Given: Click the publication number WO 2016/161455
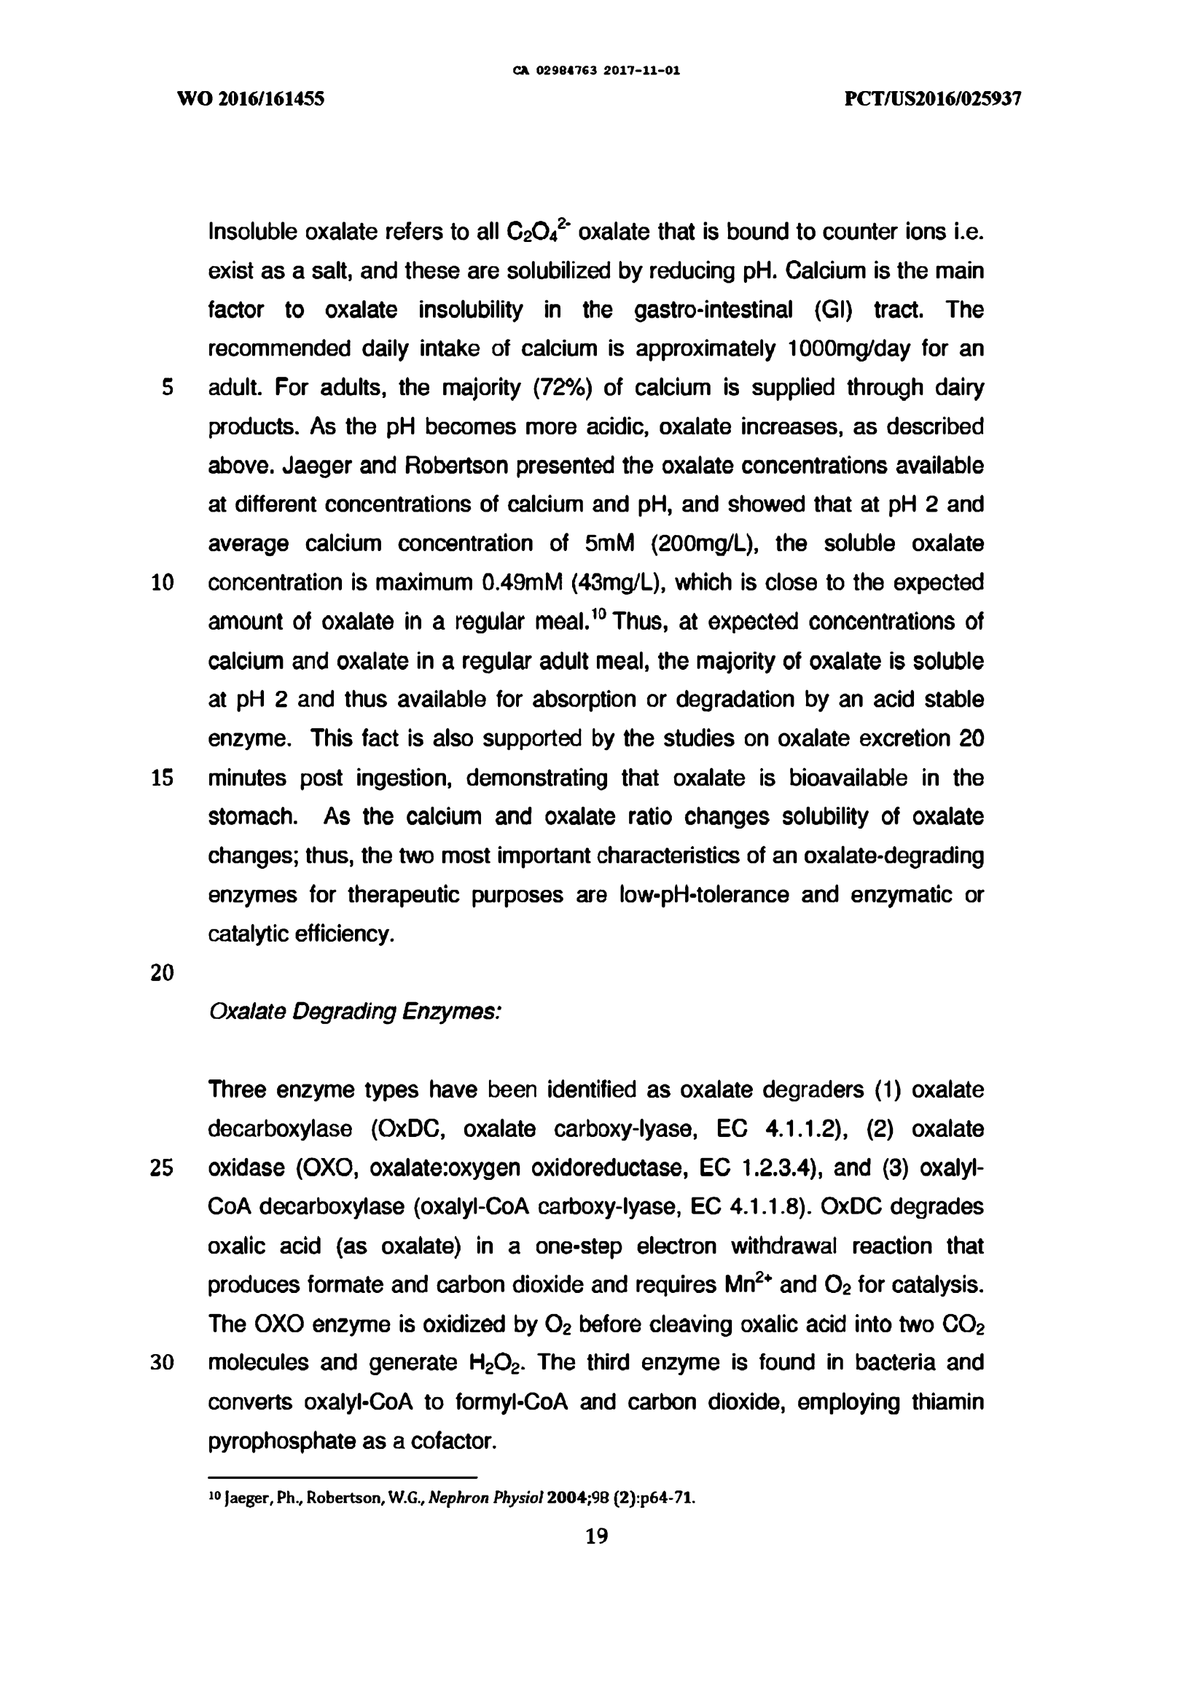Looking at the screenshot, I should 250,98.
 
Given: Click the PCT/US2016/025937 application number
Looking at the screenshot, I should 933,98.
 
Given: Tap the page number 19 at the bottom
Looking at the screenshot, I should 597,1536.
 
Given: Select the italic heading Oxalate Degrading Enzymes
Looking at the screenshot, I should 356,1011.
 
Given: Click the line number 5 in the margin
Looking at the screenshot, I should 167,388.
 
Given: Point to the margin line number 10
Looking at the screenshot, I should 162,582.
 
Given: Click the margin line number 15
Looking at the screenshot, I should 162,778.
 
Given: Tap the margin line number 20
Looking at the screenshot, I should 162,972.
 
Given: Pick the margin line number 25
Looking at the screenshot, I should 162,1168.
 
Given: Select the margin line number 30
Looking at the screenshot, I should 162,1363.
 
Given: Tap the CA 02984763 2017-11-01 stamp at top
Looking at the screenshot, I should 597,71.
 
